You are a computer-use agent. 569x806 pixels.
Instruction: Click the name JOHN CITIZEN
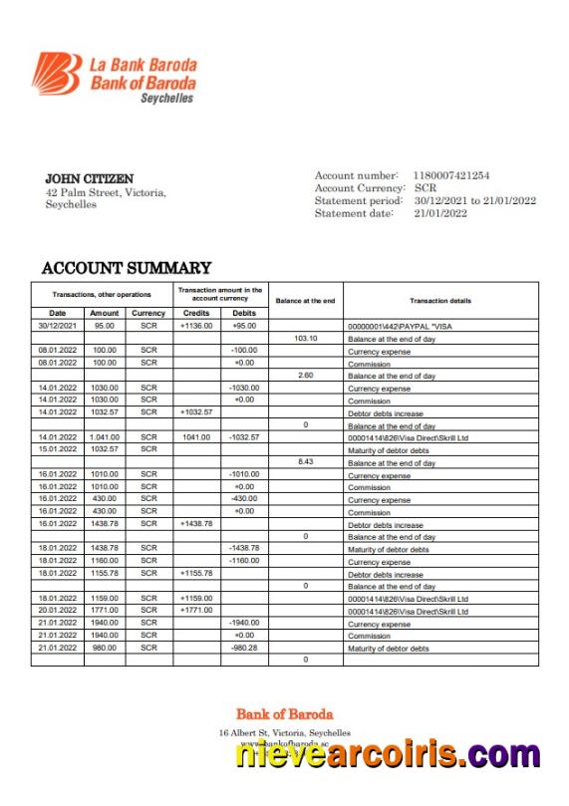coord(90,179)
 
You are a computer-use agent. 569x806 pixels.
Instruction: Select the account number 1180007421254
coord(451,175)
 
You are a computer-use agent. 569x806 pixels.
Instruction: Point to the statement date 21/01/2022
coord(440,213)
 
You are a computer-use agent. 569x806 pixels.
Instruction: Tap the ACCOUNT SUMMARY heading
coord(126,268)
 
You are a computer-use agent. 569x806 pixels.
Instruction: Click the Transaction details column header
coord(439,300)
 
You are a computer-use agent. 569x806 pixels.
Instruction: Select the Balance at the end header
coord(305,300)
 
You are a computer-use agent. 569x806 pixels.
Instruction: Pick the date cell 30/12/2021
coord(57,326)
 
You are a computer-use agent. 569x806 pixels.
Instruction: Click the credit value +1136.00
coord(196,326)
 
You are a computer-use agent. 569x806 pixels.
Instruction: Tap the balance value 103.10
coord(305,339)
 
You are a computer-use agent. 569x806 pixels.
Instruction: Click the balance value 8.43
coord(305,462)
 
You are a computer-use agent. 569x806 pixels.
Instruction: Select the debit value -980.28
coord(244,648)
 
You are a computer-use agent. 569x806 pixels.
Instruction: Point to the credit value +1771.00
coord(196,611)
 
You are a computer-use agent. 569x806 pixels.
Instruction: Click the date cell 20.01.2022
coord(57,611)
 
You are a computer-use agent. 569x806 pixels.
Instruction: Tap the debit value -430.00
coord(244,499)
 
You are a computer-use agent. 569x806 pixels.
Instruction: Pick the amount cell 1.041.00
coord(104,437)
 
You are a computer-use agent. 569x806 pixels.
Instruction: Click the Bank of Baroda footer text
coord(284,714)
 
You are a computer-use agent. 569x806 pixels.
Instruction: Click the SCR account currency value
coord(426,188)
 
